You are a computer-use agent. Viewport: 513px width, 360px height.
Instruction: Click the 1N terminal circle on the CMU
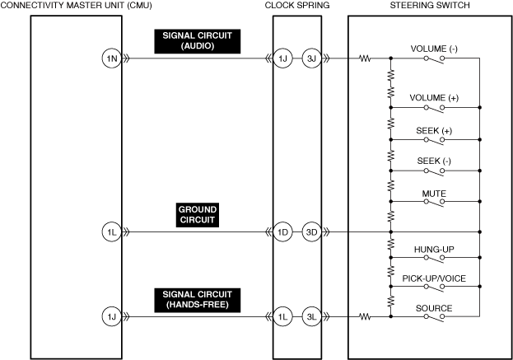point(110,58)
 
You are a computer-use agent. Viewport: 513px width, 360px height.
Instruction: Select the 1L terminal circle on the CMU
point(110,231)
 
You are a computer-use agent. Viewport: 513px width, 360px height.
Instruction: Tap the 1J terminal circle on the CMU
point(110,316)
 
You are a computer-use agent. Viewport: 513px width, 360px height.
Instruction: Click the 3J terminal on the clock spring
point(311,58)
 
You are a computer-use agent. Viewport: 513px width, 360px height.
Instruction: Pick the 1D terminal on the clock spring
point(283,231)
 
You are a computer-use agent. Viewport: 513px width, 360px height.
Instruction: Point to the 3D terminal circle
point(311,231)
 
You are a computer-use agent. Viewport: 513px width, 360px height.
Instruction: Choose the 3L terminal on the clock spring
point(311,316)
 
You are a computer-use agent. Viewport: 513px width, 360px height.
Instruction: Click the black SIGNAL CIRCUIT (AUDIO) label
point(197,42)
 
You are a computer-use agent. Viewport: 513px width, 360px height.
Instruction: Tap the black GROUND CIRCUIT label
point(197,215)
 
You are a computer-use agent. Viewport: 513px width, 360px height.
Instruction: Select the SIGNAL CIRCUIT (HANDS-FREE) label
point(197,299)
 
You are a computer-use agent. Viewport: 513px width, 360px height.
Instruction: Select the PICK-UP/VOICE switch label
point(434,278)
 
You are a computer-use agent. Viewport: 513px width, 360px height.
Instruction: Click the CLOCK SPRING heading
point(297,6)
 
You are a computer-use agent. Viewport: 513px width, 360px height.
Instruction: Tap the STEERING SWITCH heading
point(430,6)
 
